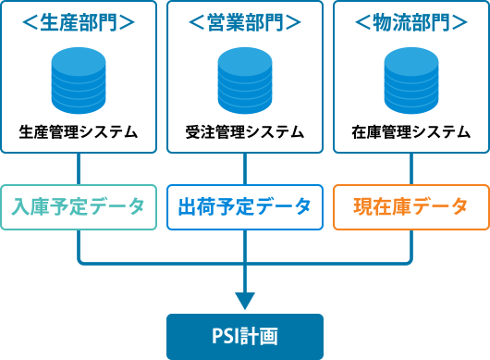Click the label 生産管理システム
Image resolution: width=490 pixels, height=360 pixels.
(79, 131)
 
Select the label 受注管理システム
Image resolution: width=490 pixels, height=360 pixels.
(245, 131)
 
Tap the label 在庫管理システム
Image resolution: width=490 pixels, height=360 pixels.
(411, 131)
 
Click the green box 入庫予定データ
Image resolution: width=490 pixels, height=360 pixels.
(79, 206)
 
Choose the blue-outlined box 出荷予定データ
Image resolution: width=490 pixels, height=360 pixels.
(245, 206)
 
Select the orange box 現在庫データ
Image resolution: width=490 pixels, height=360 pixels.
(411, 206)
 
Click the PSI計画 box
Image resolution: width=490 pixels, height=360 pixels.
(245, 336)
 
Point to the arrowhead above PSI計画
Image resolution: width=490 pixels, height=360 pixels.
(245, 301)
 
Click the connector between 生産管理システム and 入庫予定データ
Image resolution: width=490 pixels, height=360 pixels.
(79, 168)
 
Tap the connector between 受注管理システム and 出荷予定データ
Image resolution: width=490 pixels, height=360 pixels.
(245, 168)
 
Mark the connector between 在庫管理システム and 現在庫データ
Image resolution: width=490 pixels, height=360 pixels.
(411, 168)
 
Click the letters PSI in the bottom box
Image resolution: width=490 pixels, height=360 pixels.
(228, 336)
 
